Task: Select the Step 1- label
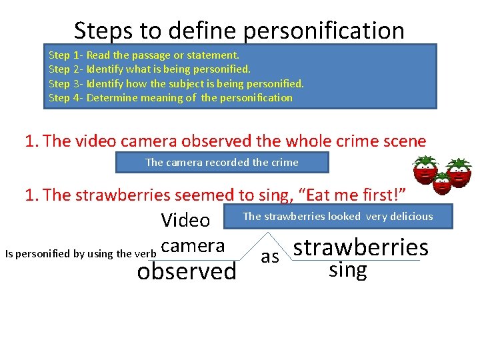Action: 65,55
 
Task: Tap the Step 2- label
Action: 65,69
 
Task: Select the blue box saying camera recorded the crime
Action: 222,162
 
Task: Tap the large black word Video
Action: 185,220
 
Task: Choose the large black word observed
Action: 186,271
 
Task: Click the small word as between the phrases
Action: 270,257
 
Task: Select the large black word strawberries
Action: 361,247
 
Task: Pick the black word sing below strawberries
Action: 348,269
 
